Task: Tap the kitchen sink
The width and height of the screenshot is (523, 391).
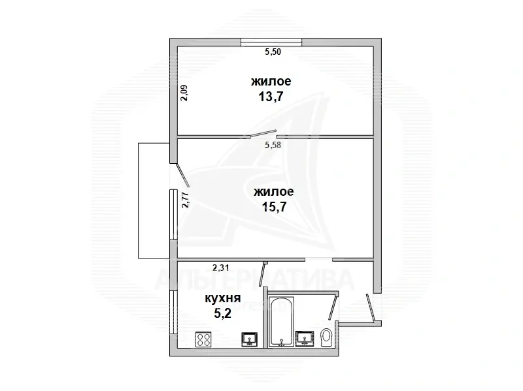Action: tap(249, 339)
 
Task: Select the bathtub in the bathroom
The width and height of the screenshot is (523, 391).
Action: tap(281, 322)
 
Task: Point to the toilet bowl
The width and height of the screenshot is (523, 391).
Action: tap(328, 337)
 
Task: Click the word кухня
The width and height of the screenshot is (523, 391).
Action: tap(220, 298)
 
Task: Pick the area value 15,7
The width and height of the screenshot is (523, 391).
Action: tap(274, 207)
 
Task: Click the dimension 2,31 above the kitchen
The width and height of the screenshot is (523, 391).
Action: tap(221, 266)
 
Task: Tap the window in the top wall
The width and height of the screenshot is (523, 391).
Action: tap(271, 42)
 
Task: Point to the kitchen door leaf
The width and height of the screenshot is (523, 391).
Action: tap(263, 274)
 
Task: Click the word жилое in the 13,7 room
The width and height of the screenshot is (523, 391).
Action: tap(271, 82)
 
